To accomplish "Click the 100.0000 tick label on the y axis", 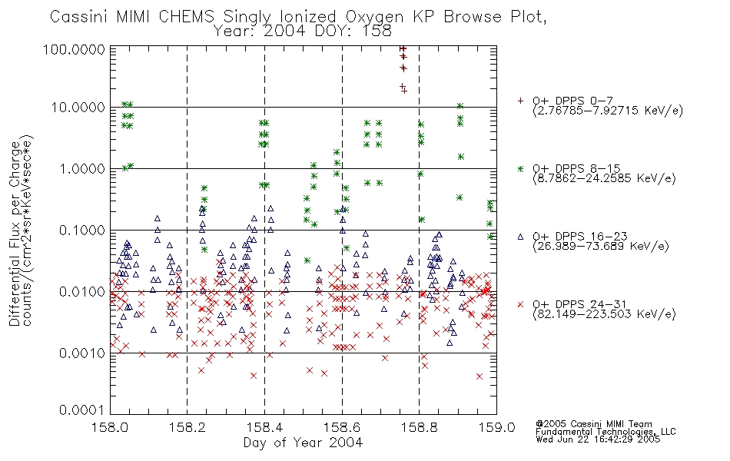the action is click(x=74, y=49).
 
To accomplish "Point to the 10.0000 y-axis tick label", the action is click(x=78, y=108).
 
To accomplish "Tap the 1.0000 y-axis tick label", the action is click(x=81, y=168).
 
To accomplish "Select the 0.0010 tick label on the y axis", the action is click(x=81, y=353).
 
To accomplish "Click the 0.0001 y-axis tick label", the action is click(x=81, y=410).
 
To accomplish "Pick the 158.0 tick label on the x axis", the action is click(x=110, y=427).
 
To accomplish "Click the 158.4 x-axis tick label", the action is click(x=264, y=427).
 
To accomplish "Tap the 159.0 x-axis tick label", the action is click(x=496, y=427).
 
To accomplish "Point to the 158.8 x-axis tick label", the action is click(x=419, y=427).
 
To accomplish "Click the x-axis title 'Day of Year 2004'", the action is click(x=303, y=443).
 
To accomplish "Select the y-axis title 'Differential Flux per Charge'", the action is click(x=15, y=234).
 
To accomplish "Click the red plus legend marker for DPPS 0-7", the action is click(x=520, y=101).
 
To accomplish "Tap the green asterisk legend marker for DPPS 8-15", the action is click(x=520, y=168).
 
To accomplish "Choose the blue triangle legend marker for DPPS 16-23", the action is click(x=520, y=237).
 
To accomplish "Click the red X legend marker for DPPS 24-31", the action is click(x=520, y=304).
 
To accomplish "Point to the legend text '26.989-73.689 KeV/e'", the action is click(x=601, y=247).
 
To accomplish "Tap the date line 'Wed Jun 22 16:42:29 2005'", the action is click(x=598, y=439).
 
